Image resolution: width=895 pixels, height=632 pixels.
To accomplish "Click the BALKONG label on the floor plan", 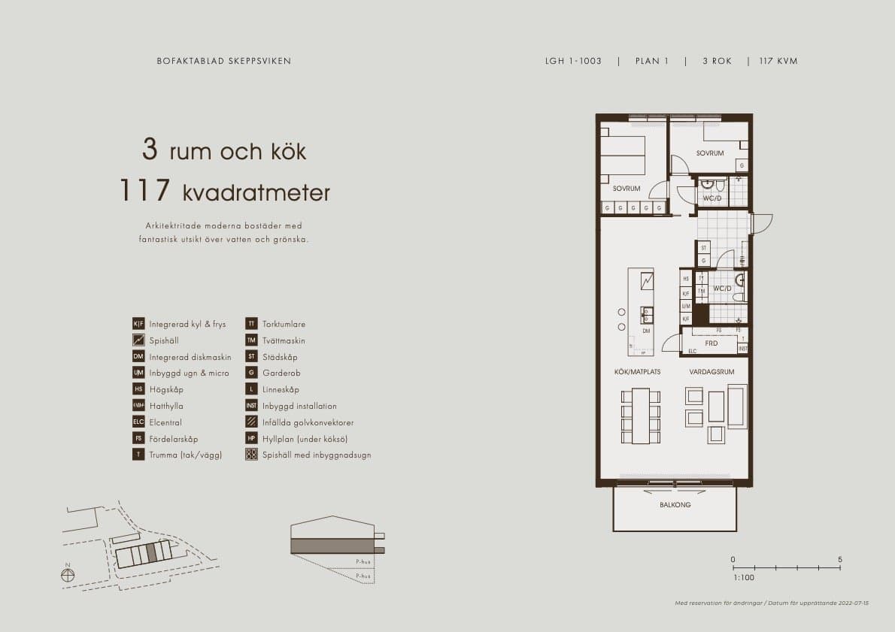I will coord(675,505).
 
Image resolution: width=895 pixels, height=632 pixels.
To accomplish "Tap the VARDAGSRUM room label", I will coord(711,372).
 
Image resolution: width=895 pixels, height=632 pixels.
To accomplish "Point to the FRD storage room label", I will coord(711,343).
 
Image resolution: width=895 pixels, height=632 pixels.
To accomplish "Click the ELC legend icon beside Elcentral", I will coord(138,422).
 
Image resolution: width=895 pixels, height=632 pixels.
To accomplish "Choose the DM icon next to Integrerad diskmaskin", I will coord(138,357).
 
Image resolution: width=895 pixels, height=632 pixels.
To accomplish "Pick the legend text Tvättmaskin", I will coord(284,340).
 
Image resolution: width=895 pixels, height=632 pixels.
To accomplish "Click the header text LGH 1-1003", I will coord(573,61).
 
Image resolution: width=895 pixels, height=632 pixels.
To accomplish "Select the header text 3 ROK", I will coord(717,61).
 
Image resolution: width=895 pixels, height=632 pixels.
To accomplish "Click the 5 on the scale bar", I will coord(840,560).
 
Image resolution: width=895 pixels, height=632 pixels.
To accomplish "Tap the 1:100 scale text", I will coord(743,578).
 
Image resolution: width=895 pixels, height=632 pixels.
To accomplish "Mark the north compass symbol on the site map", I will coord(68,575).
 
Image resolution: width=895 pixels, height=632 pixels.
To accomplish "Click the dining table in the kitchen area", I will coord(640,416).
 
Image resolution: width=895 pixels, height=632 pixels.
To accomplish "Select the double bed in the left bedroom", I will coord(623,156).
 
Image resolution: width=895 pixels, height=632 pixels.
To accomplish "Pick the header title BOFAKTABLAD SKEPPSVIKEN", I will coord(223,61).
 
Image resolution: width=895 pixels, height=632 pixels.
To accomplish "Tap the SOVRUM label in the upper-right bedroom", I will coord(709,153).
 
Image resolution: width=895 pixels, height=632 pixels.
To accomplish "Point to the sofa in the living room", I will coord(737,406).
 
